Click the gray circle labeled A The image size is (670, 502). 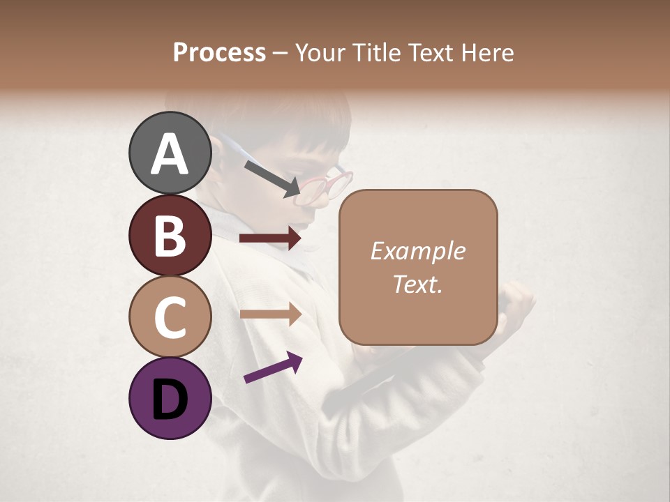[170, 153]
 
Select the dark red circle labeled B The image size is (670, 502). [170, 235]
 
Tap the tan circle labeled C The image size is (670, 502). [170, 317]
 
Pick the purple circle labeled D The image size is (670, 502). [170, 398]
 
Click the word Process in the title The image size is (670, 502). [219, 52]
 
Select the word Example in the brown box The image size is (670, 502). [417, 251]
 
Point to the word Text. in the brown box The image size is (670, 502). [417, 284]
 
